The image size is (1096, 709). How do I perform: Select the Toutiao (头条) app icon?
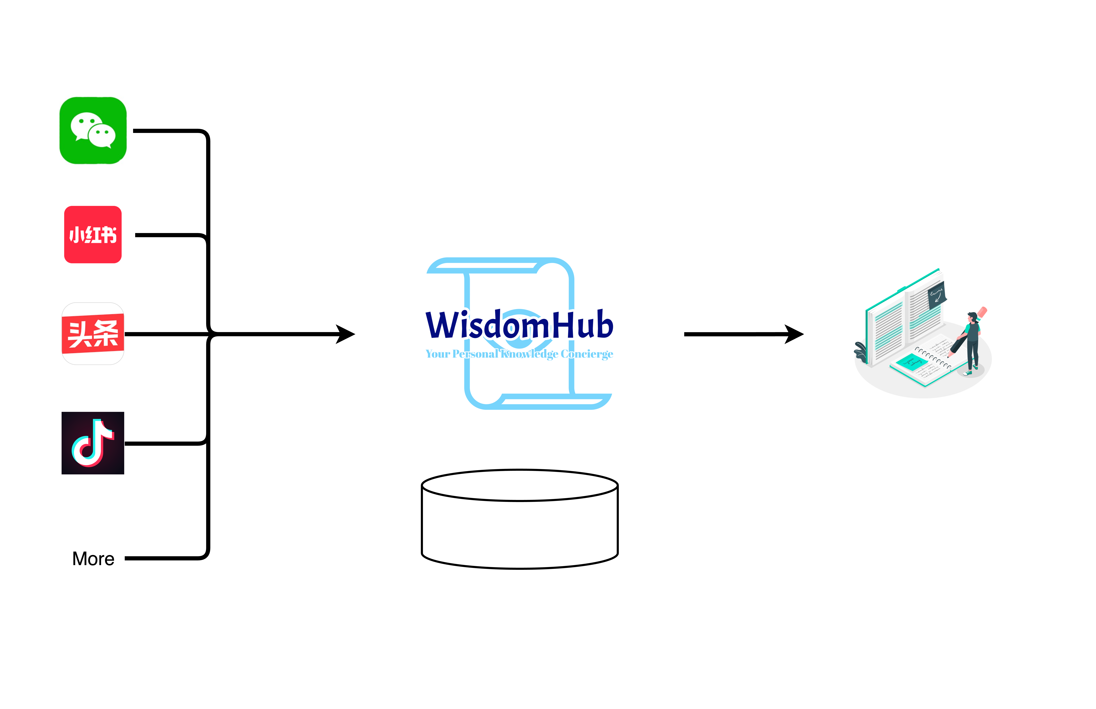point(93,334)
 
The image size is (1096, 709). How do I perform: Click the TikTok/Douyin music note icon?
point(93,443)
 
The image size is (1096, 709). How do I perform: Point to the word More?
point(93,559)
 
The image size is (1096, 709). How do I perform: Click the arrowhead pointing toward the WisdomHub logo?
point(345,334)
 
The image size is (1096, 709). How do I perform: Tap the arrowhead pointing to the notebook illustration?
point(794,334)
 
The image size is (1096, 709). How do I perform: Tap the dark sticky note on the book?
point(937,294)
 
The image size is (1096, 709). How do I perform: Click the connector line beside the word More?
point(161,559)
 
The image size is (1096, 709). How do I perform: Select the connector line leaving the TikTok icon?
point(161,444)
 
